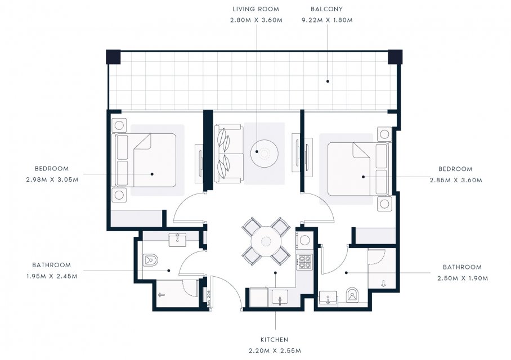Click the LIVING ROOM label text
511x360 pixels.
255,9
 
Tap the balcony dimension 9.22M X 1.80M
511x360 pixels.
327,20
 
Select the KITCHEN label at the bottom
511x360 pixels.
275,340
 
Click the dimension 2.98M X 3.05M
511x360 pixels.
52,179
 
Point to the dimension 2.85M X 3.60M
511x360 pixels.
456,180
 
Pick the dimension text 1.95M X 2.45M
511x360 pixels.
52,276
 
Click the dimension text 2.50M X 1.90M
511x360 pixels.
463,278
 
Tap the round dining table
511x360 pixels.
266,241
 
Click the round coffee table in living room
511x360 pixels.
265,154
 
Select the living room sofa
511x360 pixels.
228,154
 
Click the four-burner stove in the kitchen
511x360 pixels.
304,262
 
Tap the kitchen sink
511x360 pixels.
280,297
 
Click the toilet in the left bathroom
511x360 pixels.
150,260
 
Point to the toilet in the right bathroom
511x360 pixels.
352,294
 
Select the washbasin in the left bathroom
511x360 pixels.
177,240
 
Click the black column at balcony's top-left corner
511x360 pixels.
114,57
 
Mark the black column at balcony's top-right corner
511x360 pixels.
395,57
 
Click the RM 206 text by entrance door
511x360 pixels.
209,296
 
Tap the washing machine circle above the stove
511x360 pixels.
304,240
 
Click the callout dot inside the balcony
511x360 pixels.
328,81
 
